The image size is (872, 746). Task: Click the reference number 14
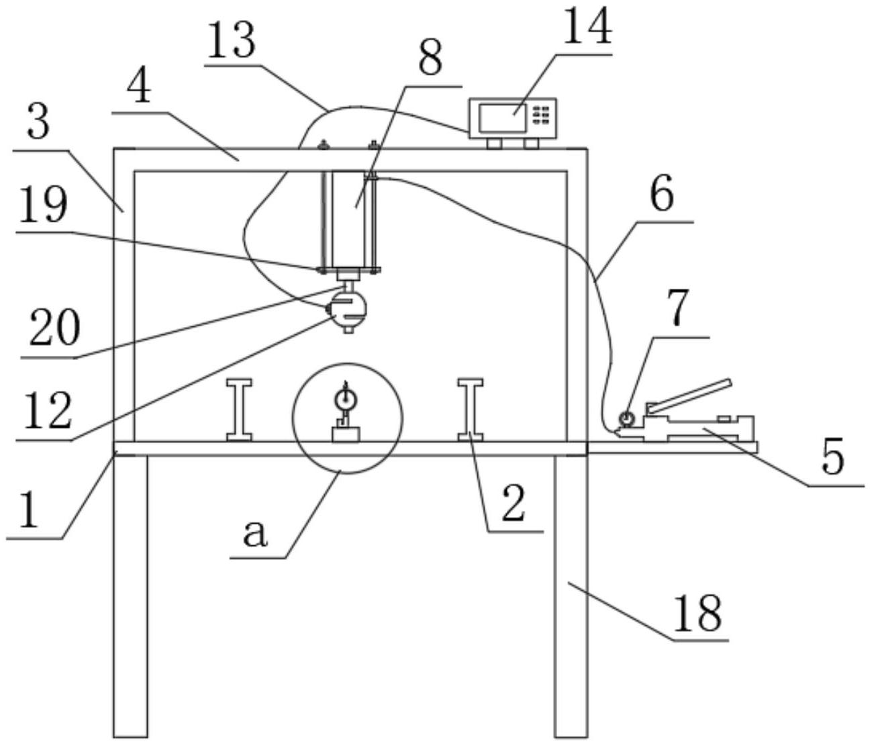click(x=587, y=28)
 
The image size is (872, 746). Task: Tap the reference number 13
click(x=231, y=41)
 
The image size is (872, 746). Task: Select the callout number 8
click(x=430, y=58)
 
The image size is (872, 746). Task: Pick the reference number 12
click(x=46, y=412)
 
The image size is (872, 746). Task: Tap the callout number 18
click(x=698, y=612)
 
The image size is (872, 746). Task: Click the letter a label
click(x=255, y=534)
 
